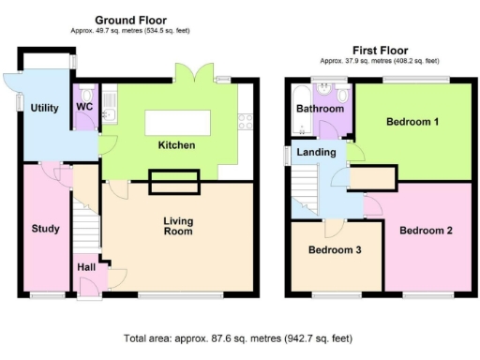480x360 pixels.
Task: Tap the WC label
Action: (x=85, y=107)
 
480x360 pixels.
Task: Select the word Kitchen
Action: (x=175, y=145)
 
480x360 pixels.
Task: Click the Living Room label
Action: (x=178, y=226)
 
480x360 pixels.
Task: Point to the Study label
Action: (x=45, y=229)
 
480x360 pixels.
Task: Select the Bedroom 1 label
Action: (x=412, y=122)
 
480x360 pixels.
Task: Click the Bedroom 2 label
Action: (x=425, y=230)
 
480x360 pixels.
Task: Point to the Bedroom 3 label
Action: (x=334, y=250)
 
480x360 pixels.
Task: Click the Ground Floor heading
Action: (x=130, y=19)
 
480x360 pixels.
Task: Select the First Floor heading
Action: (x=379, y=50)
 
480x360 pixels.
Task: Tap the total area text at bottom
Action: (x=238, y=337)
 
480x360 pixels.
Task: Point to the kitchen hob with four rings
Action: (x=247, y=120)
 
